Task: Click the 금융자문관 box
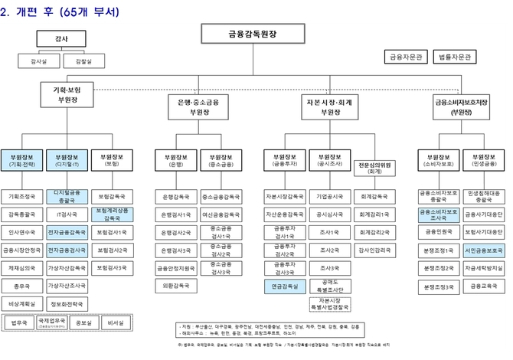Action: (x=404, y=57)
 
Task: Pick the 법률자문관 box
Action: (x=454, y=57)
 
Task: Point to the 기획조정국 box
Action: (x=21, y=196)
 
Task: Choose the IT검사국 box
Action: (x=67, y=214)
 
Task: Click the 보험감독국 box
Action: (x=113, y=196)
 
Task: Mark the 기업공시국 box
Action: (x=330, y=196)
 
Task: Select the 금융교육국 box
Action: (x=483, y=286)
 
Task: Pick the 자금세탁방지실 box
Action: (x=483, y=267)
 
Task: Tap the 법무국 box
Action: (x=21, y=324)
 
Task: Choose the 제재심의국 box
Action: (x=21, y=267)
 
